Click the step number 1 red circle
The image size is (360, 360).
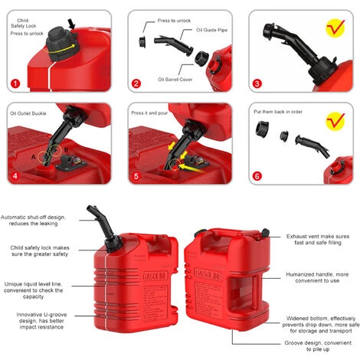[x=15, y=83]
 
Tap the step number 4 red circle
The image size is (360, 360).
[x=15, y=176]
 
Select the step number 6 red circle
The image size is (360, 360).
[x=257, y=176]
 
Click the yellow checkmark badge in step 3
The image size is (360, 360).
[x=335, y=28]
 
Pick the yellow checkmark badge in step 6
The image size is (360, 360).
[x=335, y=121]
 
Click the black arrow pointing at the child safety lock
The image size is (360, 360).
[x=72, y=24]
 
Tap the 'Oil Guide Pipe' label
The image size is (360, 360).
[x=211, y=30]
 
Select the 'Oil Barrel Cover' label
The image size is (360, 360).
[x=175, y=80]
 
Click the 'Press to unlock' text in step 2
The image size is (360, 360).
[x=174, y=21]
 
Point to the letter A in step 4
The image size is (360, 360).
[x=34, y=157]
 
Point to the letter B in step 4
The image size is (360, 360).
[x=66, y=150]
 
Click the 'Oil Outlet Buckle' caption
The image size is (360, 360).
[x=28, y=113]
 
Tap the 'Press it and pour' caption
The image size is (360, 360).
[x=149, y=113]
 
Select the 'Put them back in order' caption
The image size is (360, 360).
[x=278, y=112]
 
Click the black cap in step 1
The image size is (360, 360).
[x=61, y=44]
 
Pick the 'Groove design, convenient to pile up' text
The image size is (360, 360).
[x=318, y=346]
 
